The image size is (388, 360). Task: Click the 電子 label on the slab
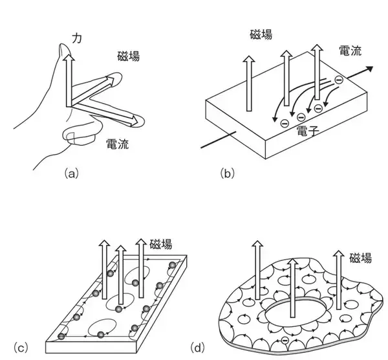[306, 131]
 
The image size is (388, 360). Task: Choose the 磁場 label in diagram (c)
[160, 244]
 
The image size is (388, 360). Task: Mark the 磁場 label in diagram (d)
[360, 258]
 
